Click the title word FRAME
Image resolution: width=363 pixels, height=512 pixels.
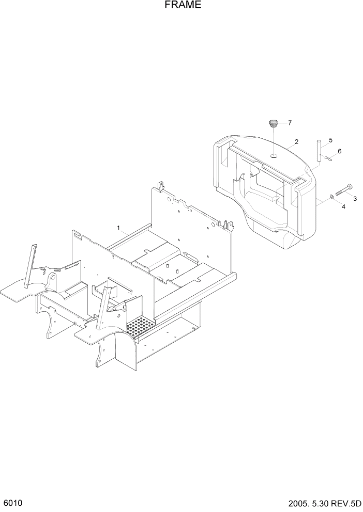[x=182, y=6]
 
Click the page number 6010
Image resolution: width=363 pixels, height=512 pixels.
[x=12, y=503]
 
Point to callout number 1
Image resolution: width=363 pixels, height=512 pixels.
[x=118, y=228]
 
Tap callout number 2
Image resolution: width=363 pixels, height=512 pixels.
[x=296, y=141]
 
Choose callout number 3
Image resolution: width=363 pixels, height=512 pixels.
[x=355, y=198]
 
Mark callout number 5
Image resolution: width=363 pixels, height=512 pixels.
[x=330, y=140]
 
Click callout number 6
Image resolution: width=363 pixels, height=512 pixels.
[x=339, y=151]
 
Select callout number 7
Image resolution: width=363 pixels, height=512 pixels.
[x=290, y=123]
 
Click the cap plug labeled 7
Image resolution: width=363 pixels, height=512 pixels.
[x=273, y=123]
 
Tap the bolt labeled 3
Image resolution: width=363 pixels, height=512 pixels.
[x=344, y=189]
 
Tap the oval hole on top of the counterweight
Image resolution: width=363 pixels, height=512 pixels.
[x=274, y=154]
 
